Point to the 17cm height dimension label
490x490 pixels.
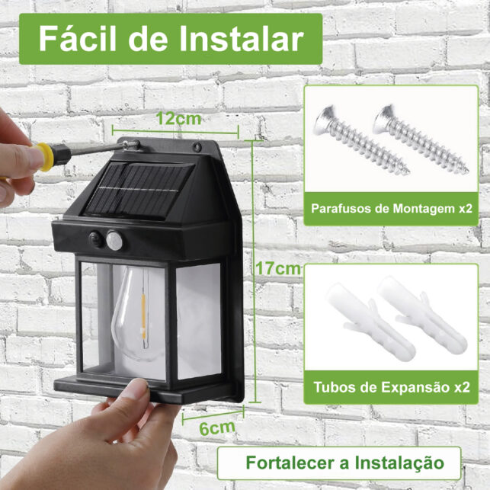pyautogui.click(x=276, y=268)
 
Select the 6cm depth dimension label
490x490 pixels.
pyautogui.click(x=216, y=427)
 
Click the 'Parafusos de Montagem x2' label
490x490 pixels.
pyautogui.click(x=391, y=208)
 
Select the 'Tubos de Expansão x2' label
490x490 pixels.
pyautogui.click(x=391, y=387)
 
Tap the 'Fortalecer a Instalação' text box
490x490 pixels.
pyautogui.click(x=344, y=463)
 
